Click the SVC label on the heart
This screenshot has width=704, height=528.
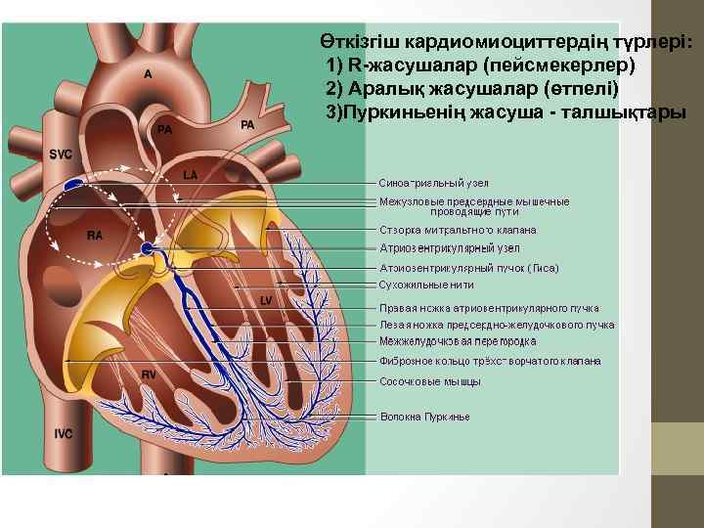[x=61, y=154]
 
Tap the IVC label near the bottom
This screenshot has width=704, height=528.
[x=64, y=432]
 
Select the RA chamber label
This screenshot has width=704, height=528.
[x=95, y=236]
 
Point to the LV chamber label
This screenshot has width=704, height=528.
[x=265, y=301]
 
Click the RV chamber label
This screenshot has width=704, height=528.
[x=150, y=374]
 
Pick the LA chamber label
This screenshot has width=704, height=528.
[x=191, y=174]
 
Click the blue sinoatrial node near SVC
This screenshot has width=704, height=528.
[x=74, y=183]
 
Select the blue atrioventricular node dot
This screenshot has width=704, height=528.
[x=146, y=249]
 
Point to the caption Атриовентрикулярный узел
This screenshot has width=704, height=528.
[x=443, y=248]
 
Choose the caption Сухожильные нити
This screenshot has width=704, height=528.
[x=426, y=285]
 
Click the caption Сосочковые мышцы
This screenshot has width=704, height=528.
[x=423, y=380]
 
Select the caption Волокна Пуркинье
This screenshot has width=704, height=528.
[x=424, y=417]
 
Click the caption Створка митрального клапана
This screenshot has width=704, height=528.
[x=458, y=230]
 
